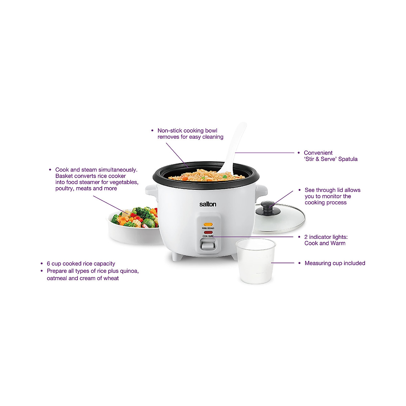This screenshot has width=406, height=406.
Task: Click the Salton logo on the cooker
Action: [x=207, y=204]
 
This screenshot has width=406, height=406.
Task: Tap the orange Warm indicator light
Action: [x=208, y=224]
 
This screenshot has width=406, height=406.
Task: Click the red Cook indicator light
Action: [x=208, y=232]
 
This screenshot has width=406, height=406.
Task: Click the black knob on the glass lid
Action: [x=267, y=205]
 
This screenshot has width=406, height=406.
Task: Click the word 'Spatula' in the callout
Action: [x=348, y=159]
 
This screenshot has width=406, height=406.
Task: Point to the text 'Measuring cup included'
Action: [x=335, y=263]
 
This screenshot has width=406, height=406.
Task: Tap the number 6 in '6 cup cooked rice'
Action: [x=48, y=264]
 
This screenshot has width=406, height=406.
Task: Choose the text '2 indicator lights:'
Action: [x=326, y=237]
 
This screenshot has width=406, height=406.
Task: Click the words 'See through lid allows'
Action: [x=332, y=190]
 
